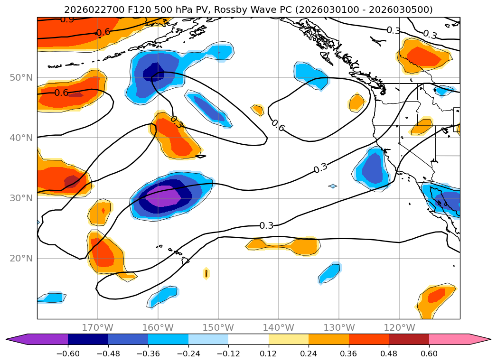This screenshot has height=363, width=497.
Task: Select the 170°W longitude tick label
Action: pos(97,327)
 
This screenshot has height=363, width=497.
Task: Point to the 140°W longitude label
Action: pos(279,327)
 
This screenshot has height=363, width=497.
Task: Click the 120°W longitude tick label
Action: pos(399,327)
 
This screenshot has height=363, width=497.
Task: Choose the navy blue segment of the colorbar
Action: pos(88,339)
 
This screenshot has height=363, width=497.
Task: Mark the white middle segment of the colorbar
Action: pos(248,339)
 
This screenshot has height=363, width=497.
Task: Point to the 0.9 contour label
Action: pos(67,19)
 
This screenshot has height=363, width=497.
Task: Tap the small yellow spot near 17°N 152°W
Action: pos(206,273)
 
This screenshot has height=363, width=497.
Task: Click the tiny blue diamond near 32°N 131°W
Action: pos(332,186)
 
